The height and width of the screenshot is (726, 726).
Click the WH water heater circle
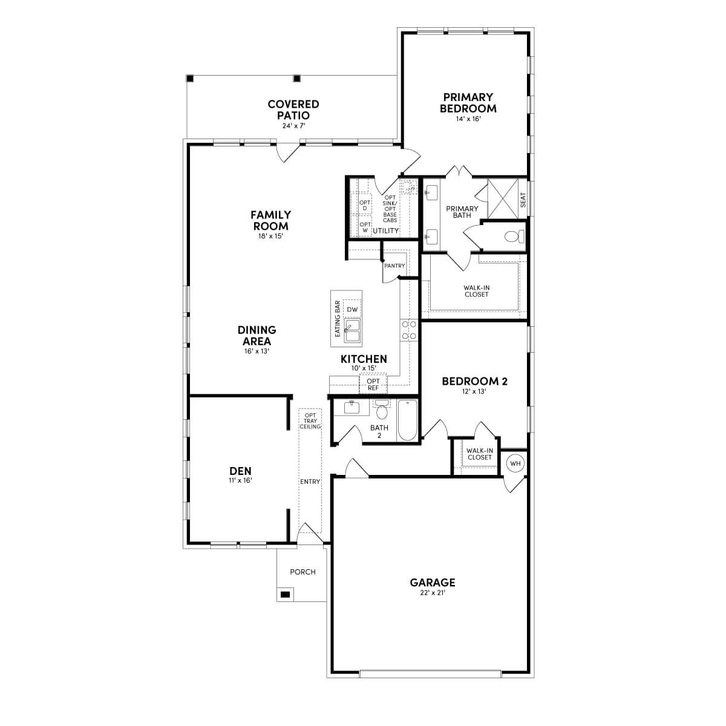[x=515, y=464]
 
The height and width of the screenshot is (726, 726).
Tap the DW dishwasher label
[x=352, y=310]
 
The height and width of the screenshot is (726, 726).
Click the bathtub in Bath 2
[x=408, y=420]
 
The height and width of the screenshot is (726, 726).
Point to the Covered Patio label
[x=293, y=110]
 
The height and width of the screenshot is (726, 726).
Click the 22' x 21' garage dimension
[x=433, y=594]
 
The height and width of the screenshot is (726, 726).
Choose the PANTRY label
[x=394, y=266]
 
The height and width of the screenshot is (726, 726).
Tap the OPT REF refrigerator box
[x=373, y=385]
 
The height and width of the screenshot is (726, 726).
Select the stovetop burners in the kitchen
[x=409, y=330]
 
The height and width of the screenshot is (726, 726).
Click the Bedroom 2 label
[x=474, y=381]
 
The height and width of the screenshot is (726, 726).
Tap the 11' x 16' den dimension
[x=240, y=480]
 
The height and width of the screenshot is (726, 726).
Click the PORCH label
[x=302, y=572]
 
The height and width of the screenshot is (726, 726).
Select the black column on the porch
[x=284, y=594]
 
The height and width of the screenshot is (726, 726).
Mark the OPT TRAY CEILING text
[x=310, y=421]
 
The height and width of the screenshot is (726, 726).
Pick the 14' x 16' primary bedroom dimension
[x=468, y=119]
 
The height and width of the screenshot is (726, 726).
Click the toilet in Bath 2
[x=382, y=411]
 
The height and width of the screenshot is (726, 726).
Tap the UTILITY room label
[x=386, y=231]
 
